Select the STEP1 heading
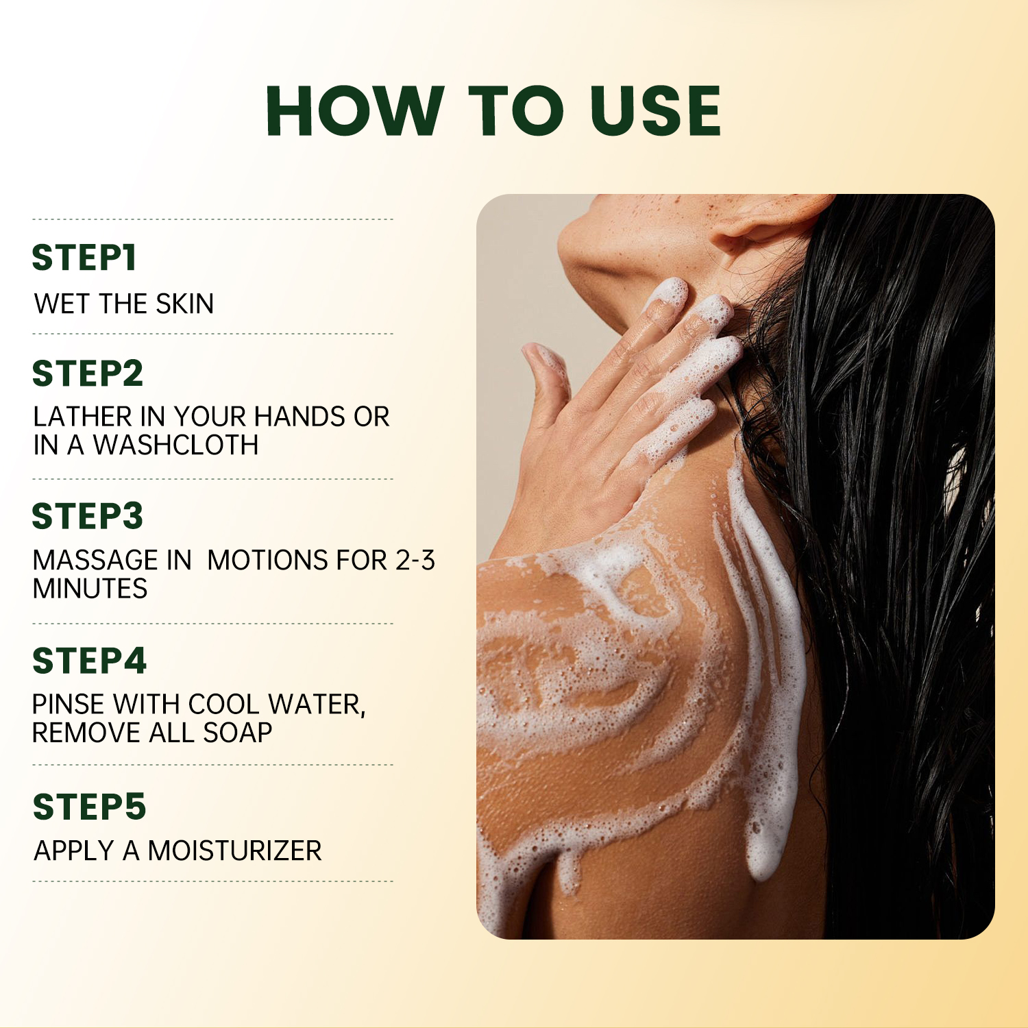tap(84, 258)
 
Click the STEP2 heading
tap(88, 374)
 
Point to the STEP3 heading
tap(88, 516)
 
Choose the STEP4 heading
tap(89, 661)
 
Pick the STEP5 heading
tap(89, 807)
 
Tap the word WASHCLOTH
tap(176, 445)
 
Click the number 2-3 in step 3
tap(415, 561)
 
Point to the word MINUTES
tap(90, 589)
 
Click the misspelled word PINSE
tap(68, 705)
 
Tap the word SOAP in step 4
tap(238, 733)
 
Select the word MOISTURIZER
tap(234, 851)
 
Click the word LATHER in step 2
tap(82, 417)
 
